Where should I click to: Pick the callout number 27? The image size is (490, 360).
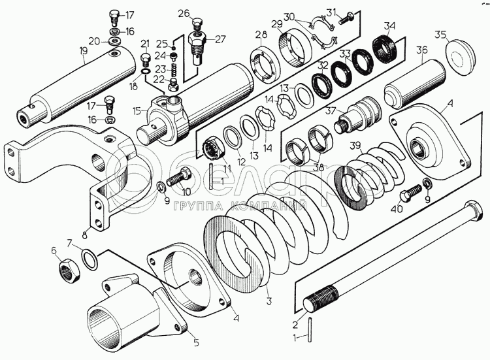[220, 39]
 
